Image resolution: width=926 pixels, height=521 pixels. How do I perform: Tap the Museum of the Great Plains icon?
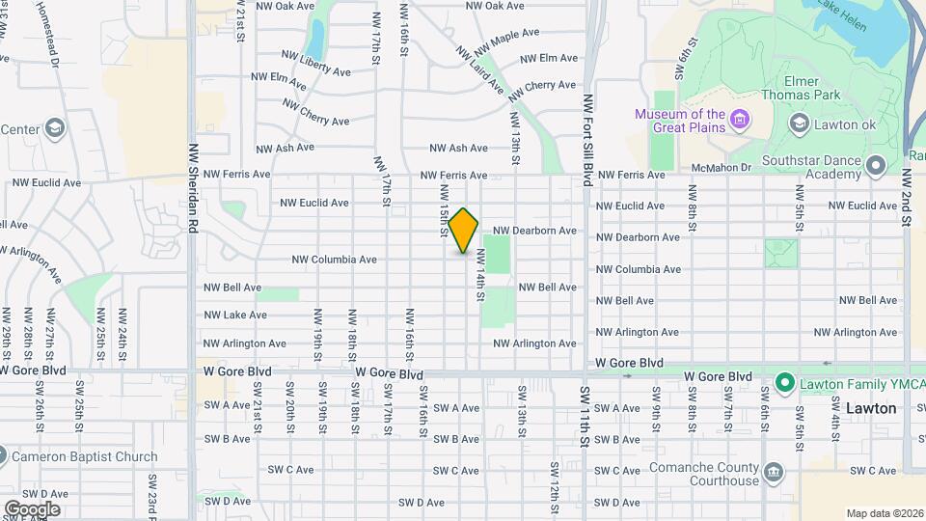(x=740, y=120)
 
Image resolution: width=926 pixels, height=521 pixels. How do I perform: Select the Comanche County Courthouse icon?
(x=774, y=472)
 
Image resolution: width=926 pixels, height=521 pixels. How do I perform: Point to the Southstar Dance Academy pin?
(x=875, y=167)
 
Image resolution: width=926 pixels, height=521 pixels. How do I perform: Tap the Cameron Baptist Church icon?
(x=3, y=455)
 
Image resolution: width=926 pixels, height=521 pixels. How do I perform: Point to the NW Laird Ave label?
(x=480, y=69)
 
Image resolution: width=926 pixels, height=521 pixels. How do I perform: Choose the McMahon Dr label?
(x=714, y=167)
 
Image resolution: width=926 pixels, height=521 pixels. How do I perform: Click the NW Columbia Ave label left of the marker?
(x=334, y=260)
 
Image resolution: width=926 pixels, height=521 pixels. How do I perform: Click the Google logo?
(x=31, y=508)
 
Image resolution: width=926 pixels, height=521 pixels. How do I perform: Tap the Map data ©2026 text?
(x=885, y=513)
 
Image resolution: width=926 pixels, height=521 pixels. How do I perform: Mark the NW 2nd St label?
(x=907, y=199)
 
